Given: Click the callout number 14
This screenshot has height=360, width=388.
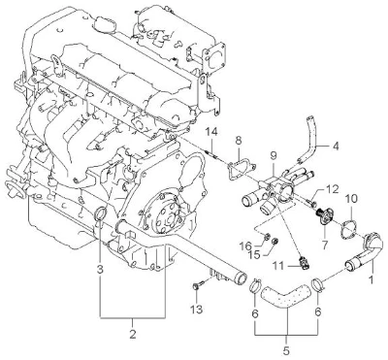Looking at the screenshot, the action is [212, 132].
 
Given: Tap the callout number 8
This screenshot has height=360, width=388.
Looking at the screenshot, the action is [239, 140].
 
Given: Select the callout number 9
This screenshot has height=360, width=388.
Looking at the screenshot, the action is [274, 156].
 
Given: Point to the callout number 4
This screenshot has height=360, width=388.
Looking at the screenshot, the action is [336, 147].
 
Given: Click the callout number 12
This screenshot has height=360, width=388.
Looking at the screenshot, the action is [332, 188].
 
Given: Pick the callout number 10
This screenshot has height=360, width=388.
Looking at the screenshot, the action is [351, 199].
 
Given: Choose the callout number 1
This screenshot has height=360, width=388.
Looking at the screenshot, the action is [372, 279].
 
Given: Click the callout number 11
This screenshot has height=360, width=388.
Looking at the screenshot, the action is [277, 266].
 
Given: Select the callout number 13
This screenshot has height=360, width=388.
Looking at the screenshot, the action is [197, 309].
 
